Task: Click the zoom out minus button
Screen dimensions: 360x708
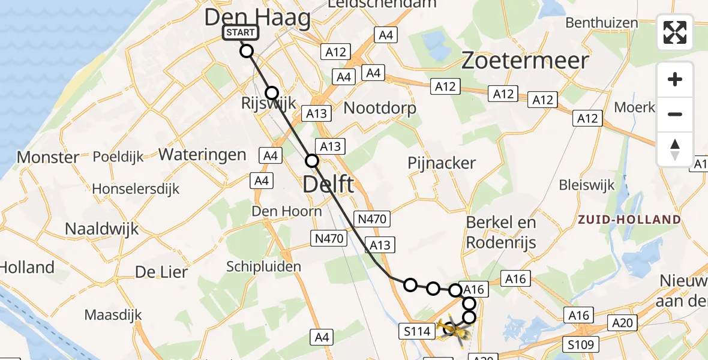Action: pyautogui.click(x=675, y=115)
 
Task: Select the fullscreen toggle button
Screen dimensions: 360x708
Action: pyautogui.click(x=675, y=32)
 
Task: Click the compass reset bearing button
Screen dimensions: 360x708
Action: pyautogui.click(x=675, y=149)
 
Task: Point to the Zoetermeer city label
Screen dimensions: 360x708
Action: pyautogui.click(x=525, y=61)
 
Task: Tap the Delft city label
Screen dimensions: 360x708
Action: pyautogui.click(x=328, y=184)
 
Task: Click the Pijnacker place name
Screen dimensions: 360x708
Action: pyautogui.click(x=442, y=163)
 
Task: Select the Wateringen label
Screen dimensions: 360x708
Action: pyautogui.click(x=202, y=154)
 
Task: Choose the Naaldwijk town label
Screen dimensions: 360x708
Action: pyautogui.click(x=101, y=229)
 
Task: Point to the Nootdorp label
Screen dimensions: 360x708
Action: pyautogui.click(x=380, y=108)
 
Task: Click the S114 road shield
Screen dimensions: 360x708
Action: pyautogui.click(x=416, y=331)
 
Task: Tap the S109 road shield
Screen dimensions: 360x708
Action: pyautogui.click(x=581, y=344)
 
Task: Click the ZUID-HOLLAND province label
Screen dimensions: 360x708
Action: pyautogui.click(x=629, y=220)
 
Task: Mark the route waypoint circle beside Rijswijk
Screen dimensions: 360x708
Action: pyautogui.click(x=272, y=93)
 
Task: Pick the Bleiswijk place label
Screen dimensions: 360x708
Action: pyautogui.click(x=587, y=184)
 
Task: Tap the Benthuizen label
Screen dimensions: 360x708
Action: pyautogui.click(x=602, y=23)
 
